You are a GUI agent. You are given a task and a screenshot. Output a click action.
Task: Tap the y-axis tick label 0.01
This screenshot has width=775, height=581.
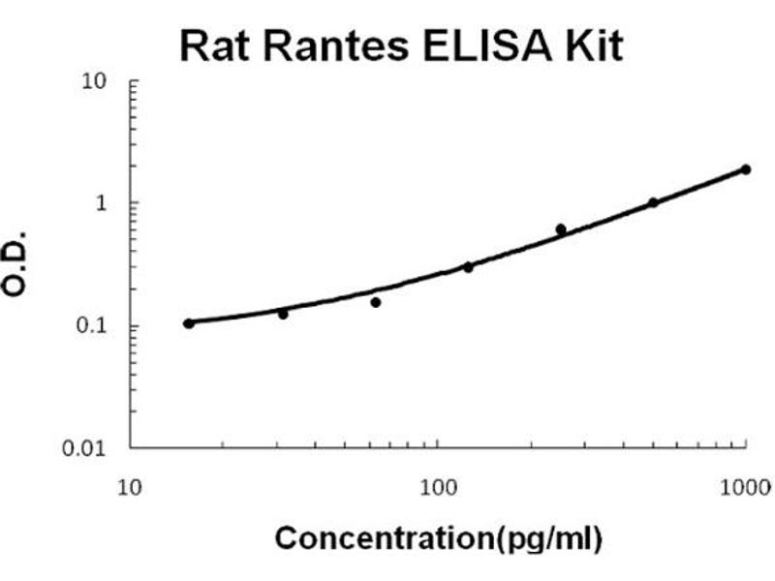pos(85,448)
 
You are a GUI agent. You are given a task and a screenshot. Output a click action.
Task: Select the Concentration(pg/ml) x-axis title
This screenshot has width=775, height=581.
pos(438,538)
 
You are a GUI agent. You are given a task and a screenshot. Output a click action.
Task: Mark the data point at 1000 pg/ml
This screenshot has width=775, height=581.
pos(745,169)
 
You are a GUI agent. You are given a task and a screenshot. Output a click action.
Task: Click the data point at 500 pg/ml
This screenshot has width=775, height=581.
pos(653,202)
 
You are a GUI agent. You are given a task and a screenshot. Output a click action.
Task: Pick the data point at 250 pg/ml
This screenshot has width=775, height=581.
pos(561,229)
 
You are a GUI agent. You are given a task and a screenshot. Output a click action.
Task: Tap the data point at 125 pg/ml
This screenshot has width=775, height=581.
pos(468,267)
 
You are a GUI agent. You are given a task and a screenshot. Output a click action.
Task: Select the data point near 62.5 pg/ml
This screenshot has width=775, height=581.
pos(376,302)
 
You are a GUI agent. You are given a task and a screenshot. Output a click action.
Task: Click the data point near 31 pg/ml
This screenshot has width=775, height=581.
pos(283,314)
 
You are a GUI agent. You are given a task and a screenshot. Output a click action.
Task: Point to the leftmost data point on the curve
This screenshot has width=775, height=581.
pos(189,323)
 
